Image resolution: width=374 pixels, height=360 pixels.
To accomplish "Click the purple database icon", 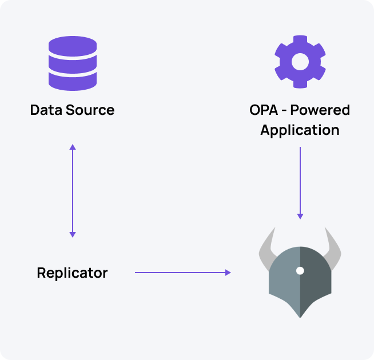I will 72,63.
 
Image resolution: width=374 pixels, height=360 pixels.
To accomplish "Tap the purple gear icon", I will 300,61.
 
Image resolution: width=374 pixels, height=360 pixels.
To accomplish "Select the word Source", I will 90,110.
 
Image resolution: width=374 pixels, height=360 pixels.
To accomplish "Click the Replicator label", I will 72,273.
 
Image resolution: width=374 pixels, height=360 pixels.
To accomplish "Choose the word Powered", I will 320,110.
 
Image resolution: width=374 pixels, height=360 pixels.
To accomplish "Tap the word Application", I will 300,130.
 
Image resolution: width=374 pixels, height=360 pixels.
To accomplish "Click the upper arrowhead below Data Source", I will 72,147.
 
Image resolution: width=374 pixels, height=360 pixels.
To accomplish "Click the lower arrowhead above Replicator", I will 72,234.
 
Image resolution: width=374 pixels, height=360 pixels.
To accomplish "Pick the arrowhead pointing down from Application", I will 300,216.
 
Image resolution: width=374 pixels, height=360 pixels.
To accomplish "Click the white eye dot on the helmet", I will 300,270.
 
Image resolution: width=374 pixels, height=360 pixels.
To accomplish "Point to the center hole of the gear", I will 300,61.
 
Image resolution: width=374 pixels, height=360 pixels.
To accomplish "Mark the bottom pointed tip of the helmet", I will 300,317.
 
